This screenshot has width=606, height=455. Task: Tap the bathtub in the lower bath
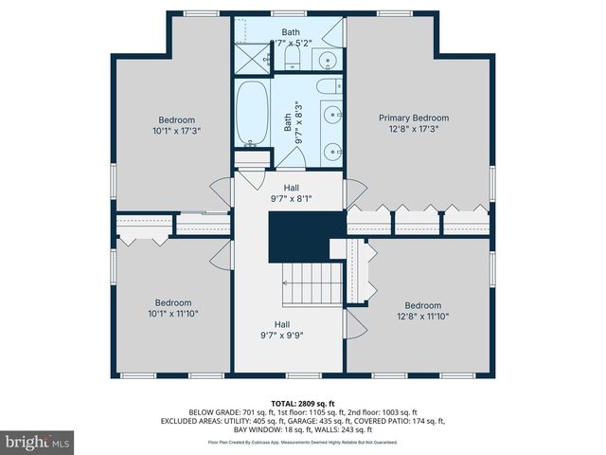(252, 113)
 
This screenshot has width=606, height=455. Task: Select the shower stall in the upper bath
(251, 58)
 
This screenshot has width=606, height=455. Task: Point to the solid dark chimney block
(296, 237)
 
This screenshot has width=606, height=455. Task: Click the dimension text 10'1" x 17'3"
(176, 131)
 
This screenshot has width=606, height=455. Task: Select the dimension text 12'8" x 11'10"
(423, 317)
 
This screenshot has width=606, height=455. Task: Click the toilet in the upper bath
(293, 61)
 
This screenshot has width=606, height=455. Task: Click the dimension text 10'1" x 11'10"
(172, 314)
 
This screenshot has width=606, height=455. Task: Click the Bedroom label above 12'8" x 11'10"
(423, 305)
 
